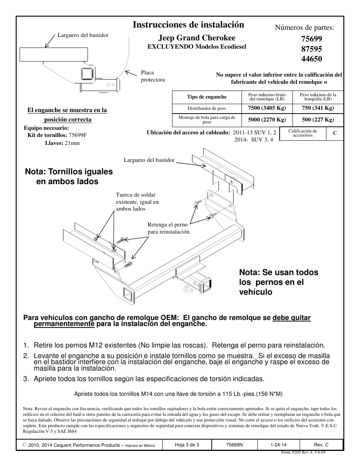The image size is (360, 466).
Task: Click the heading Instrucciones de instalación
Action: [188, 25]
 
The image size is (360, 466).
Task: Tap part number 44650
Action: [312, 58]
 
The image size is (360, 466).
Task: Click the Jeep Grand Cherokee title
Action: [197, 38]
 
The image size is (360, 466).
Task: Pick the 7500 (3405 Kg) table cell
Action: [267, 108]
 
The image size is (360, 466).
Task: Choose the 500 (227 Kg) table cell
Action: [318, 120]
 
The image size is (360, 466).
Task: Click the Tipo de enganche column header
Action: [206, 97]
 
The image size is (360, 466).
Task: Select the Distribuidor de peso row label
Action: [206, 108]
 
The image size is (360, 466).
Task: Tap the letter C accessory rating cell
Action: [334, 133]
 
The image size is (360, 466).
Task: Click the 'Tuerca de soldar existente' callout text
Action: [137, 202]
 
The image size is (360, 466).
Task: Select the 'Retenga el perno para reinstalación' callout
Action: [169, 228]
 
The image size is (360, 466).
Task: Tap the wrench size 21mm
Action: [72, 143]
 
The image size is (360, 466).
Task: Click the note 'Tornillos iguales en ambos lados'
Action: [68, 176]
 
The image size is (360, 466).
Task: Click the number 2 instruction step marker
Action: [26, 356]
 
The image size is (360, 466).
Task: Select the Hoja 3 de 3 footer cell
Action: [187, 445]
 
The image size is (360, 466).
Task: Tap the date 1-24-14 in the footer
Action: [278, 445]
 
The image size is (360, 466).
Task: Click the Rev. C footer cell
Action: [321, 445]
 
